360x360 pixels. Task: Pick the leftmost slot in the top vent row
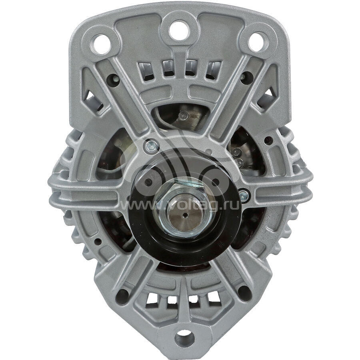[x=147, y=72]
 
